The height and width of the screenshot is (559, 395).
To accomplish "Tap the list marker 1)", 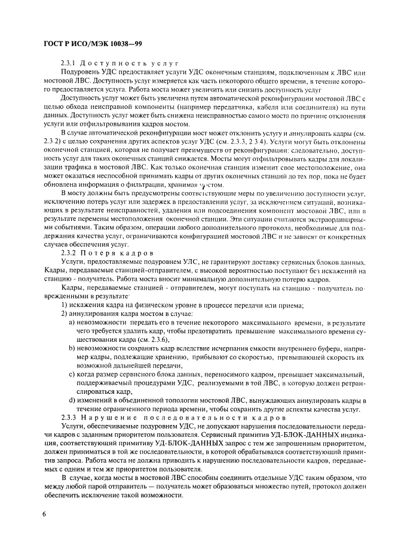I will coord(66,305).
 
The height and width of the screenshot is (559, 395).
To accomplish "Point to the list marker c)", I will coord(72,375).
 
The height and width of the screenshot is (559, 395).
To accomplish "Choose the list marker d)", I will coord(72,400).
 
